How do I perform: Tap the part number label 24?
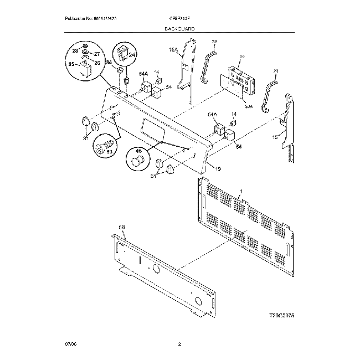point(132,63)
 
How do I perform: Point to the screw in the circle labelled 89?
point(101,146)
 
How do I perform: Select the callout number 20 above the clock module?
point(241,56)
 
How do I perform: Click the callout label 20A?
point(249,106)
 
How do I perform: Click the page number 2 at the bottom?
point(179,344)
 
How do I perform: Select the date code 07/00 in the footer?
point(69,344)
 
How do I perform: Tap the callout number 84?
point(109,63)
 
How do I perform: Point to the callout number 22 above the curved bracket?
point(214,42)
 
